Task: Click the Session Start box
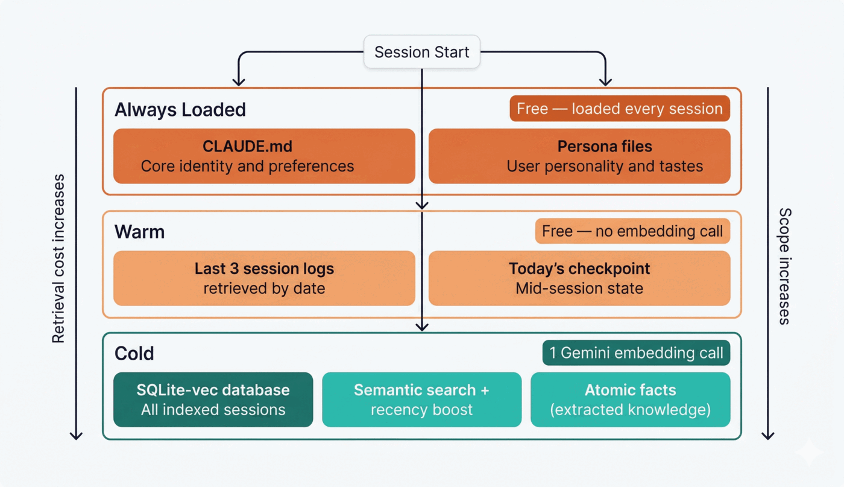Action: coord(421,52)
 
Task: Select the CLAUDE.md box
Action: coord(264,156)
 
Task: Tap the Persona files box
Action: coord(579,156)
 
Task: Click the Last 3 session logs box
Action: coord(264,278)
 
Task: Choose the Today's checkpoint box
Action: coord(579,278)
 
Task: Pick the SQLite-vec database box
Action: coord(213,399)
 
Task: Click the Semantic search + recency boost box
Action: coord(421,399)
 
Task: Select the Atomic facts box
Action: coord(630,399)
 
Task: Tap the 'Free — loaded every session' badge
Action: coord(620,109)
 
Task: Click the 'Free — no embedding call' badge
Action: coord(632,231)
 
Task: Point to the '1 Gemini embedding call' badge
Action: coord(636,353)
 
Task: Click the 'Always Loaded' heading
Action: coord(180,110)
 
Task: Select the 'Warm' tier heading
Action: coord(140,232)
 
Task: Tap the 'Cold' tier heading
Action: coord(134,354)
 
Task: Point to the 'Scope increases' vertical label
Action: coord(784,266)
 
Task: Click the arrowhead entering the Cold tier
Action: coord(422,326)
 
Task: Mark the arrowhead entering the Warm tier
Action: coord(422,205)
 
